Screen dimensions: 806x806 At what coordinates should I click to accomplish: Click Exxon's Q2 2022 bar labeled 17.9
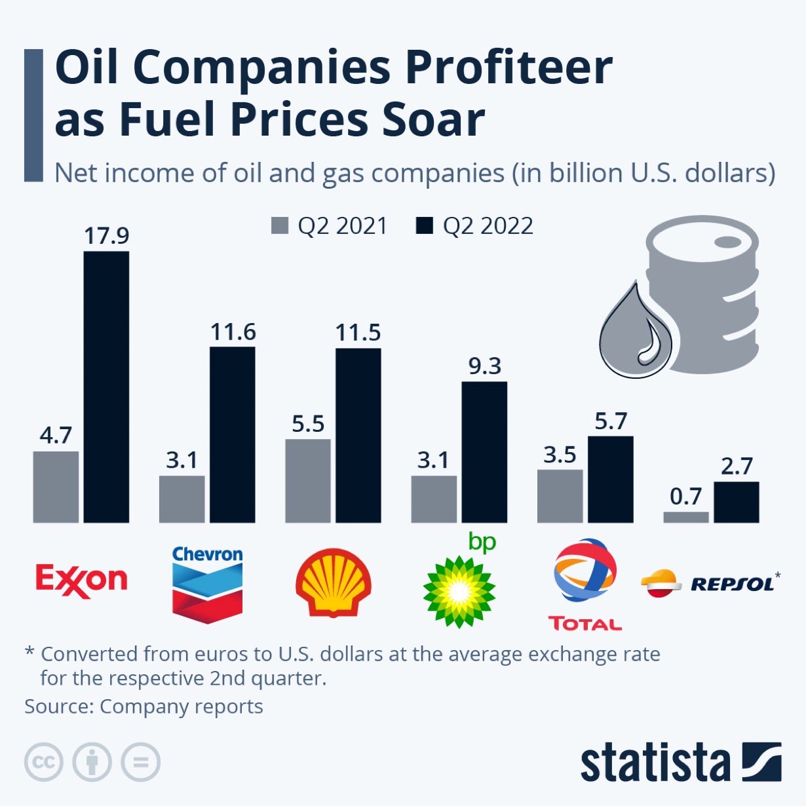point(106,387)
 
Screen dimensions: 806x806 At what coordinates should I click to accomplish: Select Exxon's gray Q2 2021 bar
point(56,487)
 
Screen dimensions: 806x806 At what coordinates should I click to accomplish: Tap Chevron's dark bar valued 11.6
point(233,434)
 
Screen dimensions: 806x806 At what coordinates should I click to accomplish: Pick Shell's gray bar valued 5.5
point(308,481)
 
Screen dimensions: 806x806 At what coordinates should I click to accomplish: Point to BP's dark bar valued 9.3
point(484,452)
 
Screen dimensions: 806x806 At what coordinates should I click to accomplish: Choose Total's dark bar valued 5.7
point(611,480)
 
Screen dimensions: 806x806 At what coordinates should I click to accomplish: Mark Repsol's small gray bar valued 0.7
point(686,517)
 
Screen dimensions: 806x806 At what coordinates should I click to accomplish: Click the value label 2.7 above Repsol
point(737,467)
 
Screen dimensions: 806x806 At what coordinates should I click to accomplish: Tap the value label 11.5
point(358,333)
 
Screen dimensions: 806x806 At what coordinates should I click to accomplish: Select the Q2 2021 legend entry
point(330,226)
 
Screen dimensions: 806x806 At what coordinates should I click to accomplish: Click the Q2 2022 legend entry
point(475,226)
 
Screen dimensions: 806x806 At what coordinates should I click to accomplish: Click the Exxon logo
point(81,581)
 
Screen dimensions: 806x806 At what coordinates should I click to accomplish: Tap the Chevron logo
point(207,583)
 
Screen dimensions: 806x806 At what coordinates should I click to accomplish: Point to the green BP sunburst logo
point(459,590)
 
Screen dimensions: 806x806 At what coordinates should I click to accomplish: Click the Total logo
point(585,583)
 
